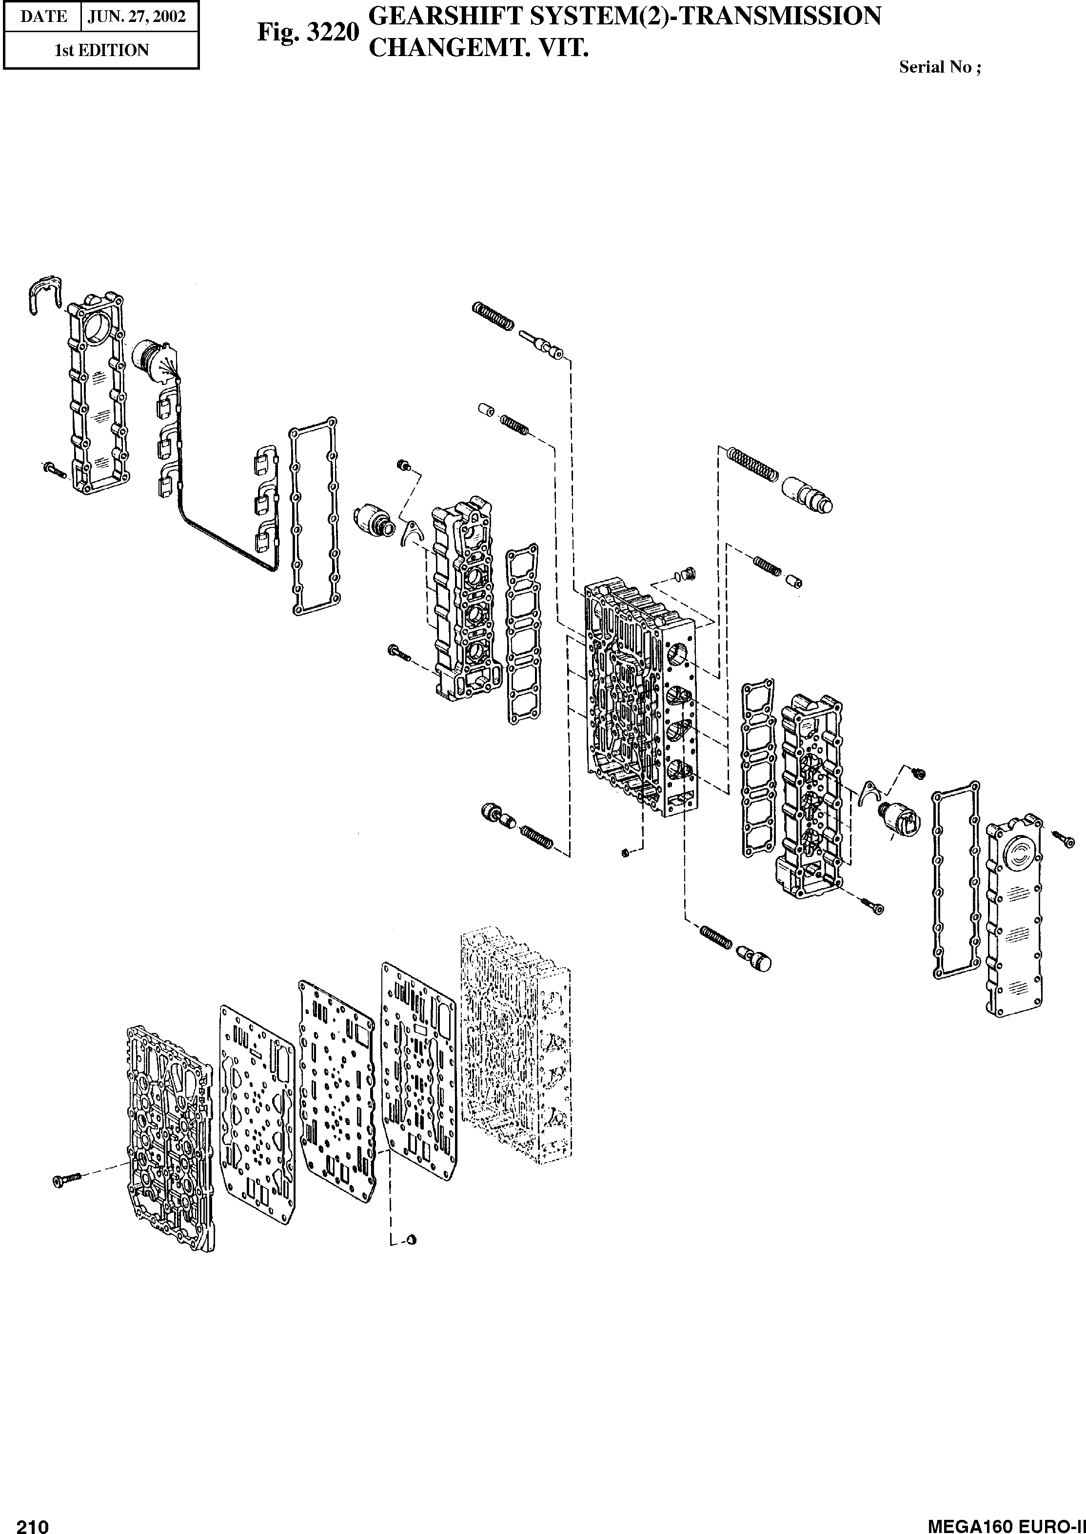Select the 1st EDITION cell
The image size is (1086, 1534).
point(101,50)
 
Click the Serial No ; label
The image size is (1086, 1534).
point(940,67)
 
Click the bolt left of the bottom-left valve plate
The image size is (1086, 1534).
point(65,1179)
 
